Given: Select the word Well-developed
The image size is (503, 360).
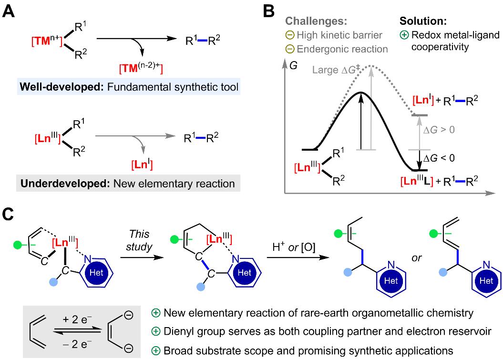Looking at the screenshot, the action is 62,87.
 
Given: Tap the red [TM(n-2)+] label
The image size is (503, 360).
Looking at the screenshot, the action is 141,68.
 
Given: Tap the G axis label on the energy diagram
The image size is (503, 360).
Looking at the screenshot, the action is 293,65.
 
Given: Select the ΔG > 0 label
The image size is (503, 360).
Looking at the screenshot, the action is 439,130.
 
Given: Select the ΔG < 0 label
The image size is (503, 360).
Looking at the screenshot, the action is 439,158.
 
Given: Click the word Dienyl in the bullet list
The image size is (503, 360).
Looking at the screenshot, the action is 179,331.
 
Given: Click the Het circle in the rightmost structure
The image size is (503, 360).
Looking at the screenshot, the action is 486,281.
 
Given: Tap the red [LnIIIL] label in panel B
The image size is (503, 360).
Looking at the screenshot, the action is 417,181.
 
